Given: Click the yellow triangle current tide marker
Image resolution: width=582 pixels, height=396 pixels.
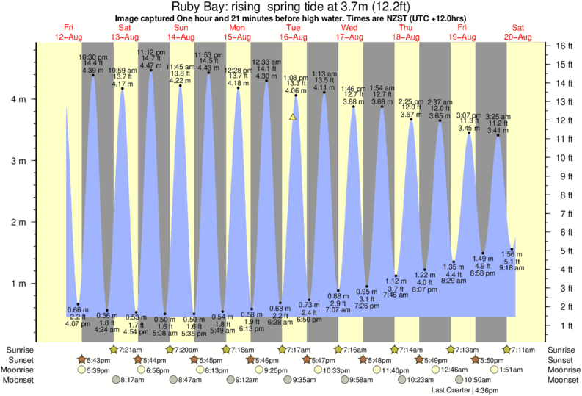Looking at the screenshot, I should [293, 116].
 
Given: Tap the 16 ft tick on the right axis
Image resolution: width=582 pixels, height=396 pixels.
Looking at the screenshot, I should [560, 46].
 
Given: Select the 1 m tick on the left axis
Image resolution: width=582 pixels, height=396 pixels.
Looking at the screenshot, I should [22, 284].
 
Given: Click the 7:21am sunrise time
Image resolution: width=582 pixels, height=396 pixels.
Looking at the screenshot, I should [130, 349].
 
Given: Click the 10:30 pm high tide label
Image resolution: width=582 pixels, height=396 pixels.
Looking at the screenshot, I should [92, 56].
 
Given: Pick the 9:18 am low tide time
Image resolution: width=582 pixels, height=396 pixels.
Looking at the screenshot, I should [512, 268].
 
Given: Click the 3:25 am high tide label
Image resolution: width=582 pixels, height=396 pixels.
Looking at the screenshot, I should [498, 116].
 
